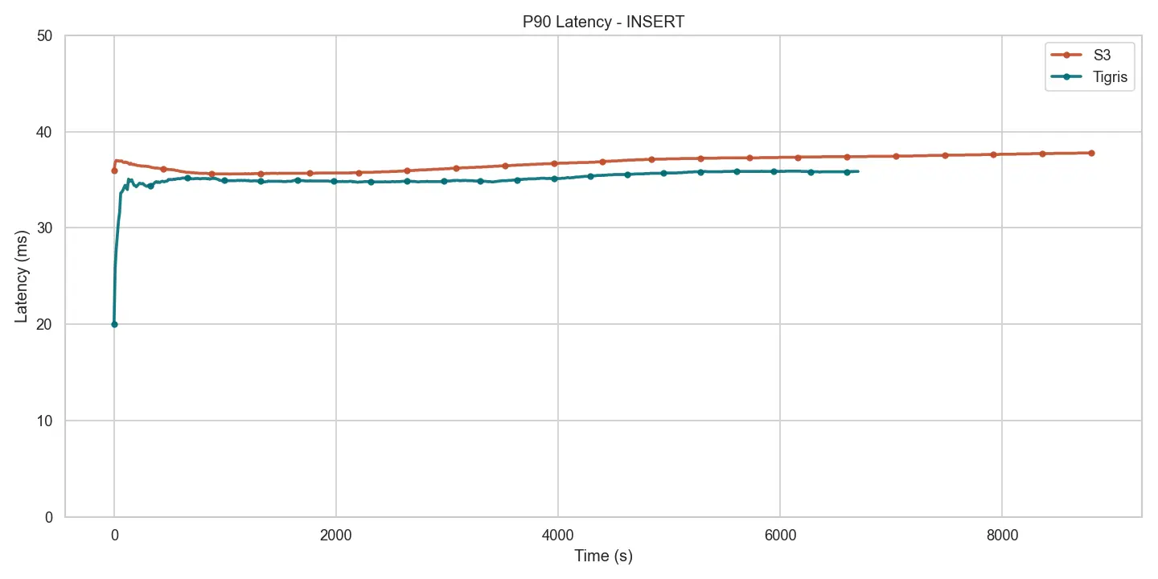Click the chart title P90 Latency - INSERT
[603, 23]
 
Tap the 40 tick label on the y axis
[47, 132]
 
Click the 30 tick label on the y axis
[47, 228]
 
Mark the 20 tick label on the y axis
[47, 324]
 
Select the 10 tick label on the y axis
[47, 421]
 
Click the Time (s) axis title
[603, 556]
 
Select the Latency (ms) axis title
[22, 276]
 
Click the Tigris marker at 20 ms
[114, 324]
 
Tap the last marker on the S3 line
[1091, 153]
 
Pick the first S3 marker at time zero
[114, 170]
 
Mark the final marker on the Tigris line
[847, 172]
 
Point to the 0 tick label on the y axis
[51, 517]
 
